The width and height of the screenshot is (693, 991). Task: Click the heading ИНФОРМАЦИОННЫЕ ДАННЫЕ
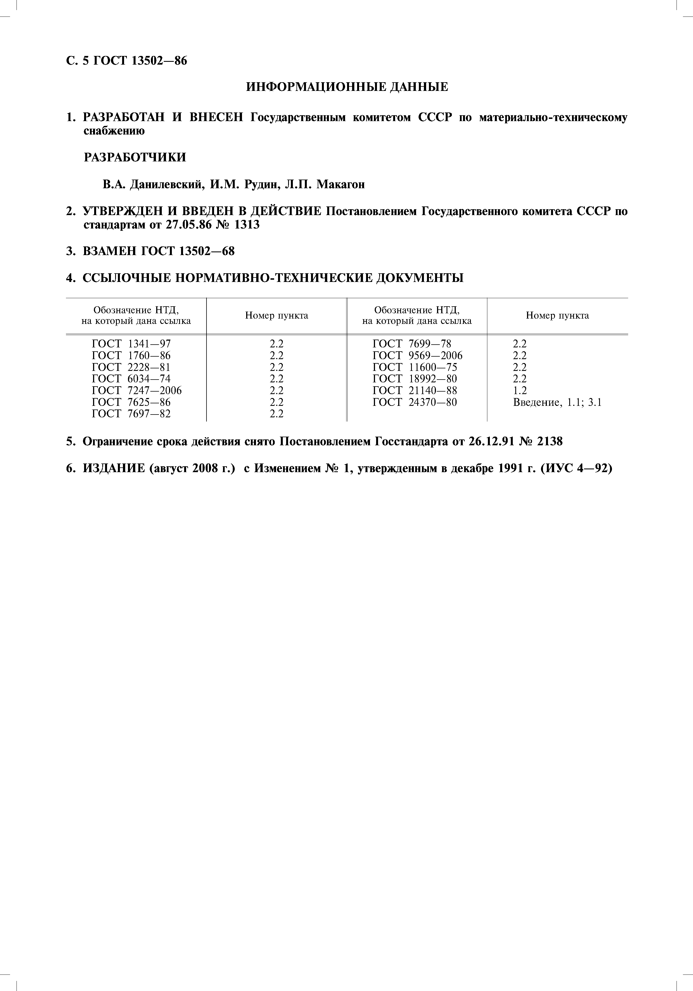(x=347, y=87)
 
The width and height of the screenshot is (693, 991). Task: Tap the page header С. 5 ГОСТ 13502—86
(x=127, y=61)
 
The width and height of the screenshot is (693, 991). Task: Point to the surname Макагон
(x=340, y=185)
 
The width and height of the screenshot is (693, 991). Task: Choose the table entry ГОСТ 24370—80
(x=414, y=402)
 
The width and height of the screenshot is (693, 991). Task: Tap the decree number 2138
(x=550, y=442)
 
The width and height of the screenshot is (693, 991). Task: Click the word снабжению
(x=114, y=131)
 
